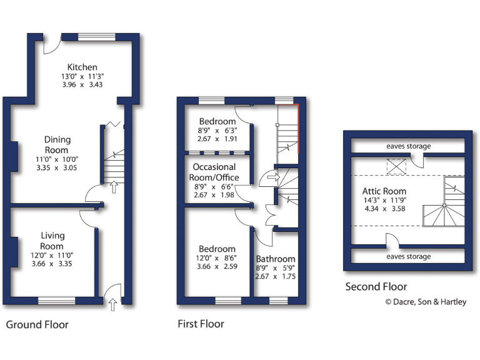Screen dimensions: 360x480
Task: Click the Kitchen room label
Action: point(82,67)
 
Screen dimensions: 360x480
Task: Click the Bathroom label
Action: point(276,259)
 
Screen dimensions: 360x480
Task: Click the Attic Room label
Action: point(384,191)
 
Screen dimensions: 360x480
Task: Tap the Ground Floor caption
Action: point(37,324)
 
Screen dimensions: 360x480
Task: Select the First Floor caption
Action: point(201,324)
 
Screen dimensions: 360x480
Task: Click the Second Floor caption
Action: point(376,287)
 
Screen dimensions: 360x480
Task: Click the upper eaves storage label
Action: point(408,146)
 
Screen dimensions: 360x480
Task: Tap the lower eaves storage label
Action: point(408,256)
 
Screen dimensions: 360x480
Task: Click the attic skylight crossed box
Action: point(396,166)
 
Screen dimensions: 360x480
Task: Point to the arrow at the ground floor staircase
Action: point(114,187)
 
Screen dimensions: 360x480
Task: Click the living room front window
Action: point(56,301)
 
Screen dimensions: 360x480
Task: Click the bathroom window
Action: point(278,301)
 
